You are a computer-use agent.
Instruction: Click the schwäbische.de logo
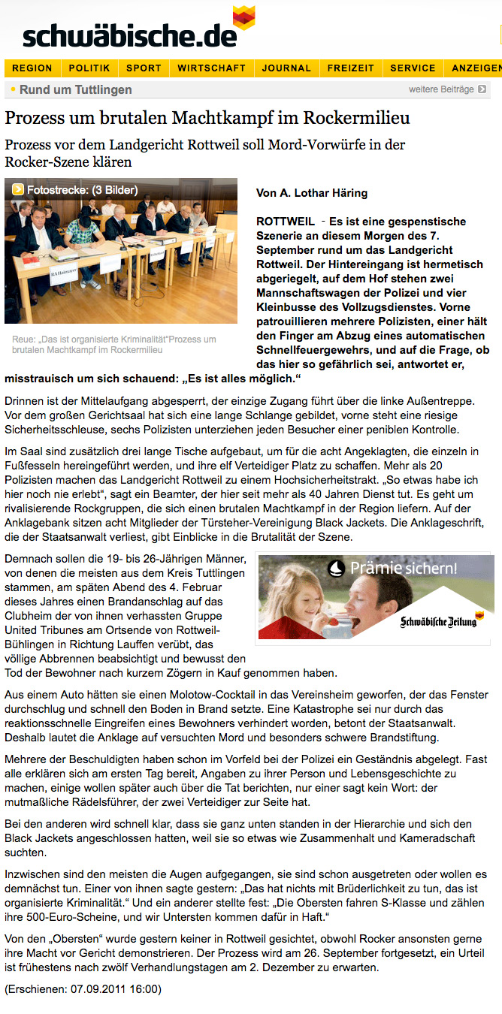(x=132, y=33)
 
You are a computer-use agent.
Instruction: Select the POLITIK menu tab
(x=89, y=68)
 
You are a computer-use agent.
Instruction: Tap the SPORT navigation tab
(x=144, y=68)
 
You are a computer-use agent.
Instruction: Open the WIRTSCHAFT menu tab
(x=211, y=68)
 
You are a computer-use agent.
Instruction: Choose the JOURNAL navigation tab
(x=286, y=68)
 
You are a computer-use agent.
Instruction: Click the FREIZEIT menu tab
(x=350, y=68)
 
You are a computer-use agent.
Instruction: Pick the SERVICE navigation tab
(x=413, y=68)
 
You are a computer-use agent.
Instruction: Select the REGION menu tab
(x=32, y=68)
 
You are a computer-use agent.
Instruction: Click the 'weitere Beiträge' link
(x=441, y=89)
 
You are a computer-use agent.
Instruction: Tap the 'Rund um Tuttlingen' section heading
(x=75, y=90)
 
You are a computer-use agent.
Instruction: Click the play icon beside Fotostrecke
(x=18, y=190)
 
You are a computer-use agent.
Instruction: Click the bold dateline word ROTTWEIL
(x=286, y=222)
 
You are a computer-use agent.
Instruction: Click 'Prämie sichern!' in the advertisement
(x=403, y=569)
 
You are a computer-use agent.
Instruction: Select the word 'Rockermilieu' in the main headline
(x=357, y=119)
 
